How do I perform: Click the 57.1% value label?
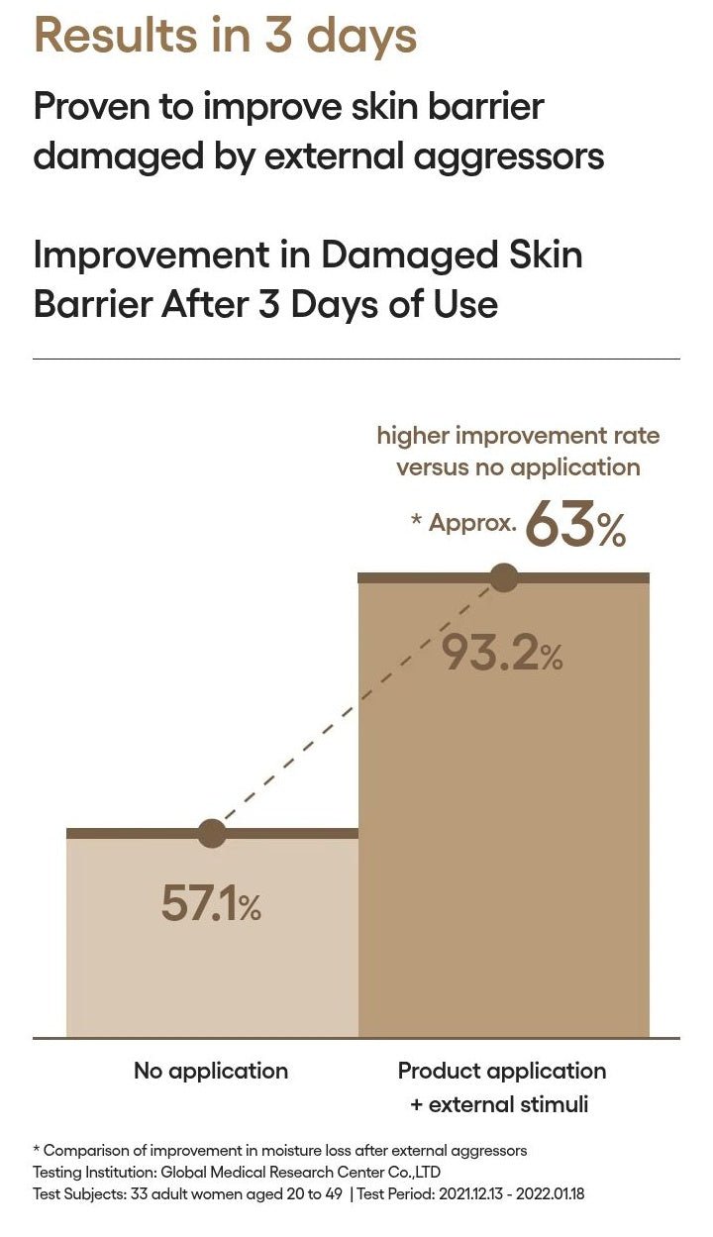[211, 903]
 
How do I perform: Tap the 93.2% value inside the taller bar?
[503, 653]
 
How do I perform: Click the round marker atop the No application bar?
[212, 833]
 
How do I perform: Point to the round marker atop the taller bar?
[504, 577]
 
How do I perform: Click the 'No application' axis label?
[211, 1072]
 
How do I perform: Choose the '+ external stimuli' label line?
[499, 1104]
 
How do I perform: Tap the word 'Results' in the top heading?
[116, 36]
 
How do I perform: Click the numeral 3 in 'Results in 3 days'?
[278, 36]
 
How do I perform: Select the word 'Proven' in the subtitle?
[91, 106]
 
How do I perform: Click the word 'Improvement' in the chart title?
[152, 256]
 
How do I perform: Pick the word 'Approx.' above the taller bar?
[472, 522]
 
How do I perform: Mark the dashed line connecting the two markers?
[357, 706]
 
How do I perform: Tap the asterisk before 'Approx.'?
[417, 519]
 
